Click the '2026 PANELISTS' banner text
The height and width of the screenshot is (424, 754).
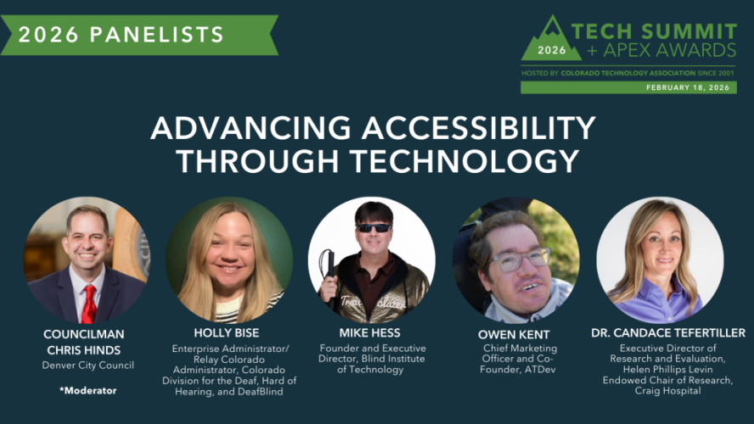point(121,35)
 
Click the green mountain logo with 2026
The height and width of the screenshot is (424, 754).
point(551,42)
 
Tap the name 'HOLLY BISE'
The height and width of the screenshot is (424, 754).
point(228,333)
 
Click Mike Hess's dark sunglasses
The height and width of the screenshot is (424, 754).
point(374,227)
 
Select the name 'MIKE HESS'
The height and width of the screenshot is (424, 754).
point(371,333)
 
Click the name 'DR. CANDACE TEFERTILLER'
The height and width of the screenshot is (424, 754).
point(668,332)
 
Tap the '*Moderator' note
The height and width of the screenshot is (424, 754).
point(87,390)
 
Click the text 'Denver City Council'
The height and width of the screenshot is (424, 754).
point(87,365)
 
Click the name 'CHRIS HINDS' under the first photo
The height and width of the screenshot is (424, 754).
point(87,349)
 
